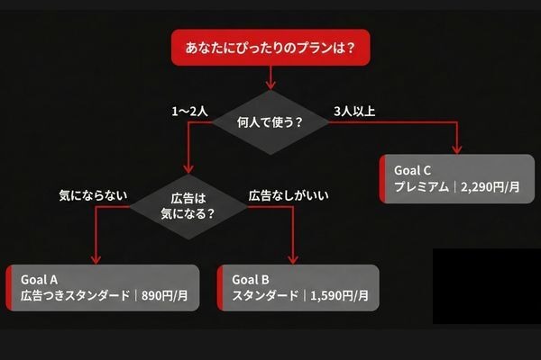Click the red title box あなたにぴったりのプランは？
point(270,47)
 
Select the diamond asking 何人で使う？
point(270,121)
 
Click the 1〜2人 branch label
point(190,112)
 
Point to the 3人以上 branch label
point(353,112)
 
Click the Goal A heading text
point(40,278)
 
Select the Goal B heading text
point(252,278)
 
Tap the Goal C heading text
point(413,169)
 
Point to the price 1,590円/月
point(341,295)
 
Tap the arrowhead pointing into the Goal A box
point(94,258)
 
